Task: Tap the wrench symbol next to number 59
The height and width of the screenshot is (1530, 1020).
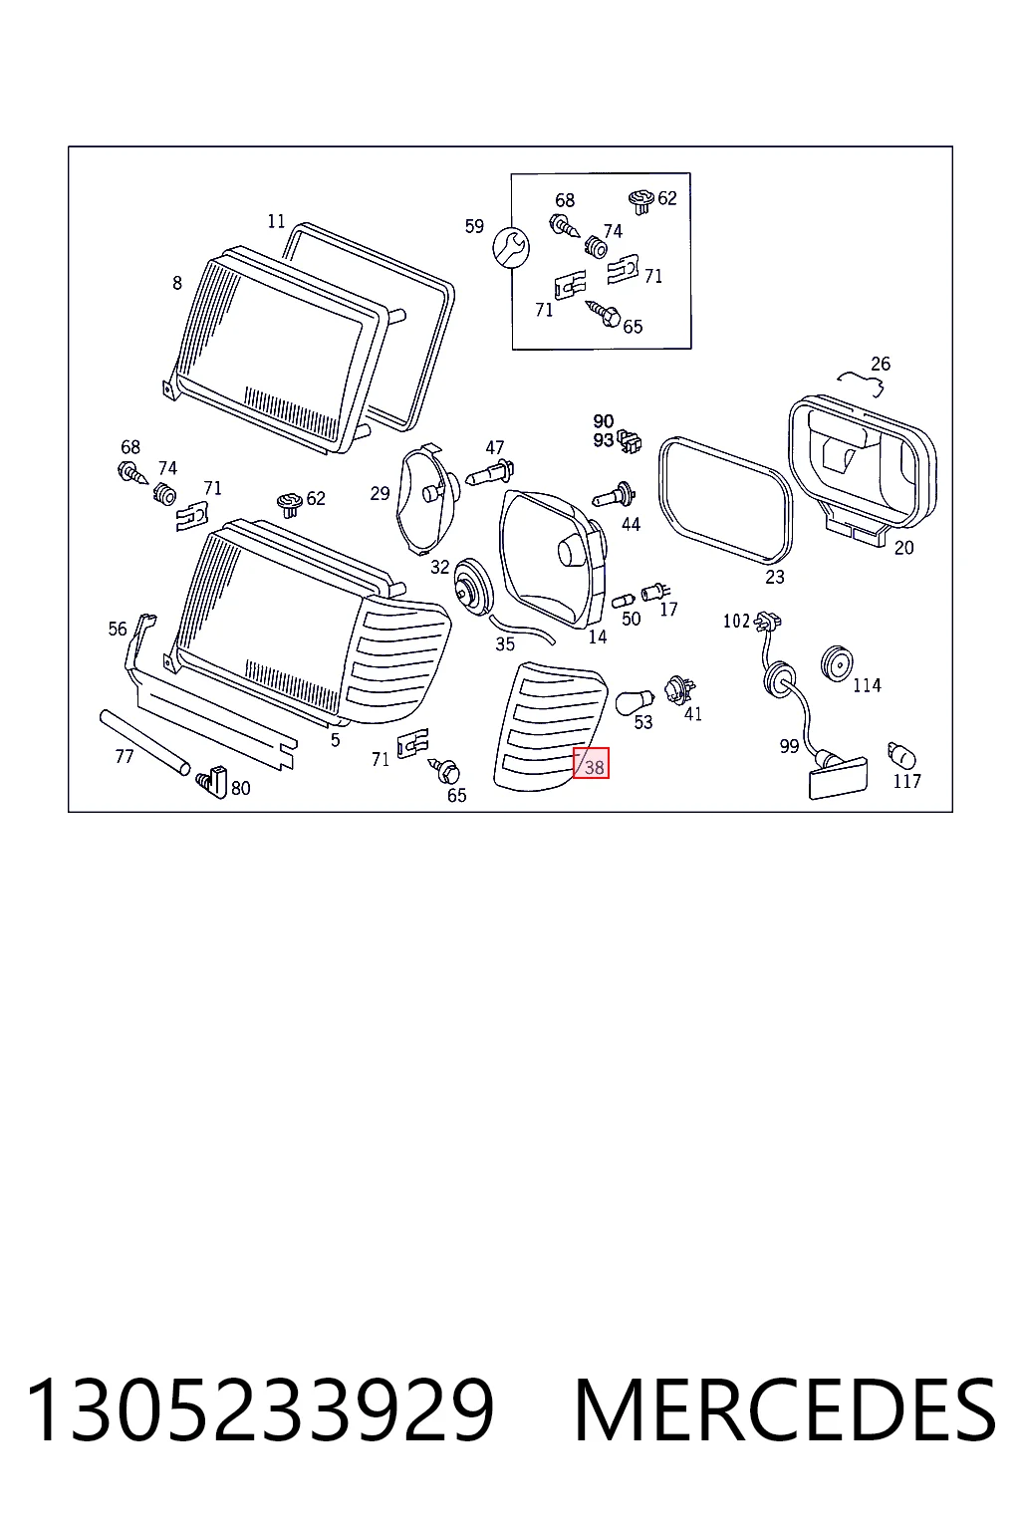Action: [511, 247]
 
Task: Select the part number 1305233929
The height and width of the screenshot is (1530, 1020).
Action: [260, 1410]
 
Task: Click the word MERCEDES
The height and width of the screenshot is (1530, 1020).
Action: [785, 1410]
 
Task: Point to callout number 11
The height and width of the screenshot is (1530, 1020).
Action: [276, 221]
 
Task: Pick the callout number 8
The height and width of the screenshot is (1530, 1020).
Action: [177, 283]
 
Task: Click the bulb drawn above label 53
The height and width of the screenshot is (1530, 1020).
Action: [635, 701]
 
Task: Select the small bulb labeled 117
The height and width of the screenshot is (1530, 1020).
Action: [901, 756]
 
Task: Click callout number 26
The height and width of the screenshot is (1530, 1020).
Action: [881, 364]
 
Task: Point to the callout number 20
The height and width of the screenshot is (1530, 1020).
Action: [903, 547]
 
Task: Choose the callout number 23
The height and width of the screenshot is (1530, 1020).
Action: [775, 577]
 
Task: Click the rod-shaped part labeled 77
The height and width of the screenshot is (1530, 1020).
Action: [144, 742]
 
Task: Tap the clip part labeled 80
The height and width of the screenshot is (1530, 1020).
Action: [212, 781]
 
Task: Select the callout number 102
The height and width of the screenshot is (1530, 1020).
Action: [736, 621]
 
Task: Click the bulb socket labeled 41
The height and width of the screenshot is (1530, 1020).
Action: [679, 690]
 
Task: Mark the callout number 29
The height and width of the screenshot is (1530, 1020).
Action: [380, 493]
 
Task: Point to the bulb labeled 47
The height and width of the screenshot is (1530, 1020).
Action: [490, 473]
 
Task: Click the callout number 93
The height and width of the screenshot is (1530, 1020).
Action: [604, 440]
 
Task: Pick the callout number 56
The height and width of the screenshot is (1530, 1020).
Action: [118, 629]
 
